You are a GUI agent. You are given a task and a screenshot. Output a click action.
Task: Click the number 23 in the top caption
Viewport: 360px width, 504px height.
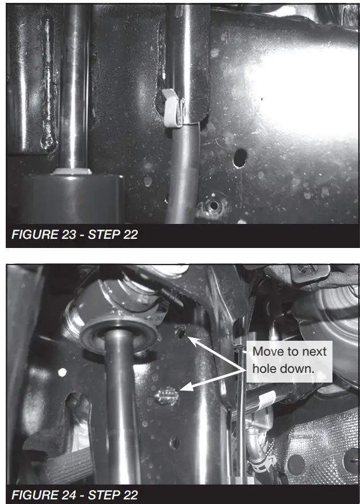(68, 234)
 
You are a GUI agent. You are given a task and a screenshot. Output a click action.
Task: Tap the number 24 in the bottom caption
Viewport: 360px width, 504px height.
(68, 495)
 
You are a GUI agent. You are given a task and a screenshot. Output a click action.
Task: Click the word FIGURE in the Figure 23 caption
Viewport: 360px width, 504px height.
(35, 234)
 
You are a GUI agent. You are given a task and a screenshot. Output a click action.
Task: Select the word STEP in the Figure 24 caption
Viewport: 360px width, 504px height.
(99, 495)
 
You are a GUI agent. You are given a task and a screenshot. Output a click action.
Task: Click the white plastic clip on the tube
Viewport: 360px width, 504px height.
(172, 108)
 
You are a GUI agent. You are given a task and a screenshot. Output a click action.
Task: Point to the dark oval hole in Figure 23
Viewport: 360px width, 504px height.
(240, 158)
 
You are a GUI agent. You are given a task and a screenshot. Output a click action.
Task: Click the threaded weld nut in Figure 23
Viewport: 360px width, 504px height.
(213, 204)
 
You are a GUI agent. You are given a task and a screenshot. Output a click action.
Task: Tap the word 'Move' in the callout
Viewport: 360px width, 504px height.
(264, 351)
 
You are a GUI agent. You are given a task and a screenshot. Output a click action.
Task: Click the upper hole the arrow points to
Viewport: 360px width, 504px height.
(181, 332)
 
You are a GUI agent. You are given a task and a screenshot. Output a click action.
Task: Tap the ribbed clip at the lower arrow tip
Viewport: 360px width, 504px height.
(167, 396)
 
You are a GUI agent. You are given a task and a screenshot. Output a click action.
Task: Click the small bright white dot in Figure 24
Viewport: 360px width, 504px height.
(62, 372)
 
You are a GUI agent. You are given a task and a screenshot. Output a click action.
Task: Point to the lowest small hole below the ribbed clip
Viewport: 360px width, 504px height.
(174, 443)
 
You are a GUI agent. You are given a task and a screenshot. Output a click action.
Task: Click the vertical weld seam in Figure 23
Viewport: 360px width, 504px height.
(48, 84)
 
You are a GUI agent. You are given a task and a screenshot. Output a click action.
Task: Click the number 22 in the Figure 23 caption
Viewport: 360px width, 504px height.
(131, 234)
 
